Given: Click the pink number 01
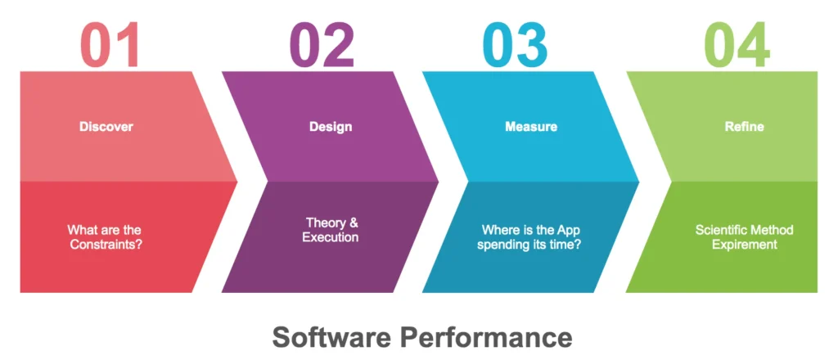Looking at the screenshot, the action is [110, 45].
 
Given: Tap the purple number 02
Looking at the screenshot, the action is [322, 45].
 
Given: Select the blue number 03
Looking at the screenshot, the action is [516, 45].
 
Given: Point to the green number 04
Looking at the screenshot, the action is [737, 45].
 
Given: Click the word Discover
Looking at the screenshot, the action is [106, 127].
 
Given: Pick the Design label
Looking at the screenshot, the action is [331, 127].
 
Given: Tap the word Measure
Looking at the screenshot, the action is [531, 127].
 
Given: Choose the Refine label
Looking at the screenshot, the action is [745, 127].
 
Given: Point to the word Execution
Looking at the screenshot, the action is [331, 237].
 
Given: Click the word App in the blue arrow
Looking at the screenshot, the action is [568, 230].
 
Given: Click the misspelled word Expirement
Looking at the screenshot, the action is [745, 245].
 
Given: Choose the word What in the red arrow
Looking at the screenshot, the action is [79, 230].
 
